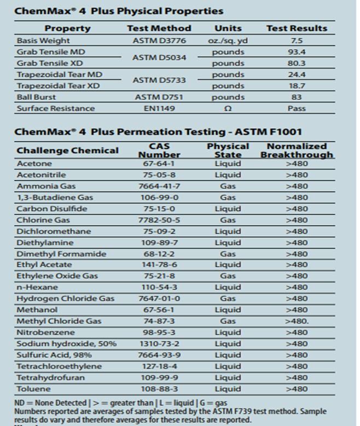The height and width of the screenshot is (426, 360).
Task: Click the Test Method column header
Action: tap(159, 28)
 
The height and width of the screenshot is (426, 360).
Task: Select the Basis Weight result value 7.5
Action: tap(297, 40)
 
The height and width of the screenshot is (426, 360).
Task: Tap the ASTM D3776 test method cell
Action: tap(159, 40)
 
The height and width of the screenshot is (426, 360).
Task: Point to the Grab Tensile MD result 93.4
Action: tap(297, 52)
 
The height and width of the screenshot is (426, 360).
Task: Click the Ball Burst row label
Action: tap(36, 97)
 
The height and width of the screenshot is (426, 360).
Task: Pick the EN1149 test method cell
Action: tap(159, 108)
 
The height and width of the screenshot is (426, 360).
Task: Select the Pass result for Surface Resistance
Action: tap(297, 108)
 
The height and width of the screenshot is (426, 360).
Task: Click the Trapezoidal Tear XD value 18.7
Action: tap(297, 86)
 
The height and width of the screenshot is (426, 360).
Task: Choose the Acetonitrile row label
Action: tap(41, 175)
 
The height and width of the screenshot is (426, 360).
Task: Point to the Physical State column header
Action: tap(228, 150)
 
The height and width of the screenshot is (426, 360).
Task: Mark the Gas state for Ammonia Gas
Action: tap(228, 186)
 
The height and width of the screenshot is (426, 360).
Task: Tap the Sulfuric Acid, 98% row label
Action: tap(51, 355)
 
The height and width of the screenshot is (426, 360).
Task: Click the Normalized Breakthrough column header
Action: tap(297, 150)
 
